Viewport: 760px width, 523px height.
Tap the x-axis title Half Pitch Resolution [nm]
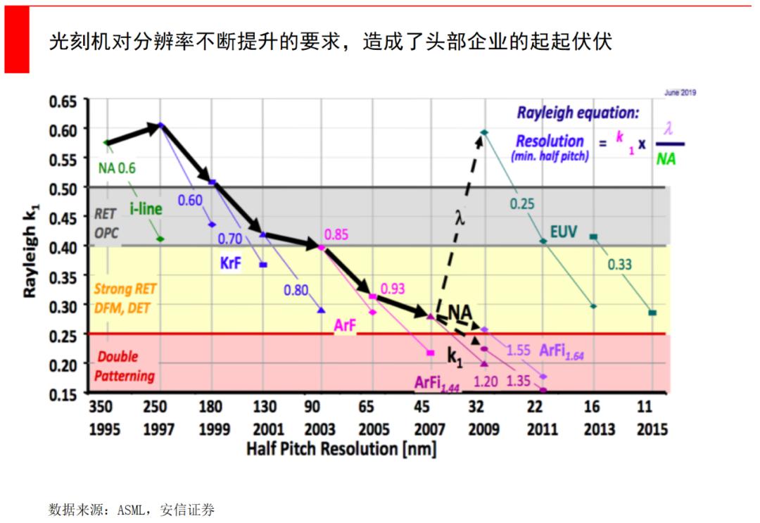tap(341, 449)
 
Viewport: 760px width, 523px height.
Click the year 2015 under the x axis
tap(652, 429)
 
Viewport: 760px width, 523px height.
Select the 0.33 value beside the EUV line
tap(620, 265)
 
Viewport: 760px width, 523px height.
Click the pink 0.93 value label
tap(393, 289)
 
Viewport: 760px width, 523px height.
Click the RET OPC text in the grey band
tap(106, 223)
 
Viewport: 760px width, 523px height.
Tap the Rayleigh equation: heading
tap(578, 113)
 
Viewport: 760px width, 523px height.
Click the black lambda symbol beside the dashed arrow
tap(460, 218)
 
